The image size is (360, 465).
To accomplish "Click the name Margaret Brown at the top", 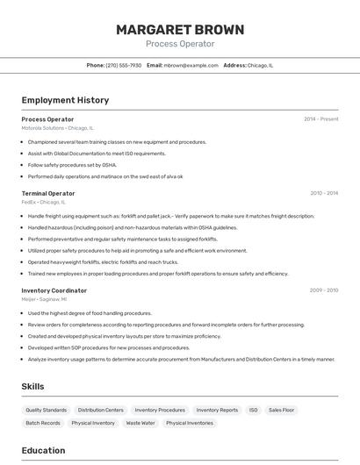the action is (180, 30).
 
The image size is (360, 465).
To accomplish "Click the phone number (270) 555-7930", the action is (123, 65).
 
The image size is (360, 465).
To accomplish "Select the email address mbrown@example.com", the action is (191, 65).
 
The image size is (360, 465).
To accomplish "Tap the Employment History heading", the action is (65, 100).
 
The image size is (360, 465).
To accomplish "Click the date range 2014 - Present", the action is (320, 119).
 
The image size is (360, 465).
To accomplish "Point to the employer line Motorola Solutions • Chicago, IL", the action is (57, 128).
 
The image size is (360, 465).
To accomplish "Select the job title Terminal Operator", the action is (48, 193).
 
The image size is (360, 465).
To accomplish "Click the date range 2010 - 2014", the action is (324, 193).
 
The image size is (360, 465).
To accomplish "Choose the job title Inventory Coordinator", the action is (54, 290).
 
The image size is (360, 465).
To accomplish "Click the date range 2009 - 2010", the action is (324, 290).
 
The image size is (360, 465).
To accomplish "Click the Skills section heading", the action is (33, 386).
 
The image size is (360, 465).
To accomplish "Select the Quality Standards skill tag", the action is (46, 410).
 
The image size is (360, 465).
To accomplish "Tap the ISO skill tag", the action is (254, 410).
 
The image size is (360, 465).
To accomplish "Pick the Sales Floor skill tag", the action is (282, 410).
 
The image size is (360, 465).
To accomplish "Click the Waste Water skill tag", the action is (140, 423).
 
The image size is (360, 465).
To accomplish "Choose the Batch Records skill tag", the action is (43, 423).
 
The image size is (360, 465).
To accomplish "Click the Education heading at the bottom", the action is (43, 450).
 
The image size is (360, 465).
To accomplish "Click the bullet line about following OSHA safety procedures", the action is (72, 165).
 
